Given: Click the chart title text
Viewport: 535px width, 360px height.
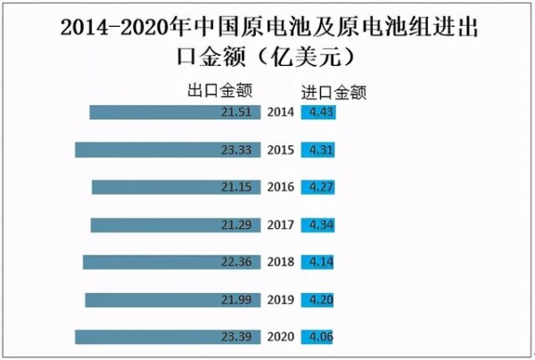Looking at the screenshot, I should tap(267, 41).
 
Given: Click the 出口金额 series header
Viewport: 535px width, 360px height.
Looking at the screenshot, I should tap(219, 90).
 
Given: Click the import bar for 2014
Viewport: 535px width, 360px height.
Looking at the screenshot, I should tap(318, 113).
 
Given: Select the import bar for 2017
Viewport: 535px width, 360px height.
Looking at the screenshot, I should tap(318, 225).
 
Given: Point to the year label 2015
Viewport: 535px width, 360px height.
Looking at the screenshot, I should tap(281, 151).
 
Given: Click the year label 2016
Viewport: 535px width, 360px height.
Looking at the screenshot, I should tap(281, 188).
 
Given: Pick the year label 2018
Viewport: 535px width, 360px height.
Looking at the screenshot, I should tap(281, 262).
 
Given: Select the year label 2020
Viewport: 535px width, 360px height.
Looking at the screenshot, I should tap(281, 337).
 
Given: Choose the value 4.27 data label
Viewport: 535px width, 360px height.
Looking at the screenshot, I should tap(319, 188).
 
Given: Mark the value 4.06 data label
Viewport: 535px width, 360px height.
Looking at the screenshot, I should tap(319, 337).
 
